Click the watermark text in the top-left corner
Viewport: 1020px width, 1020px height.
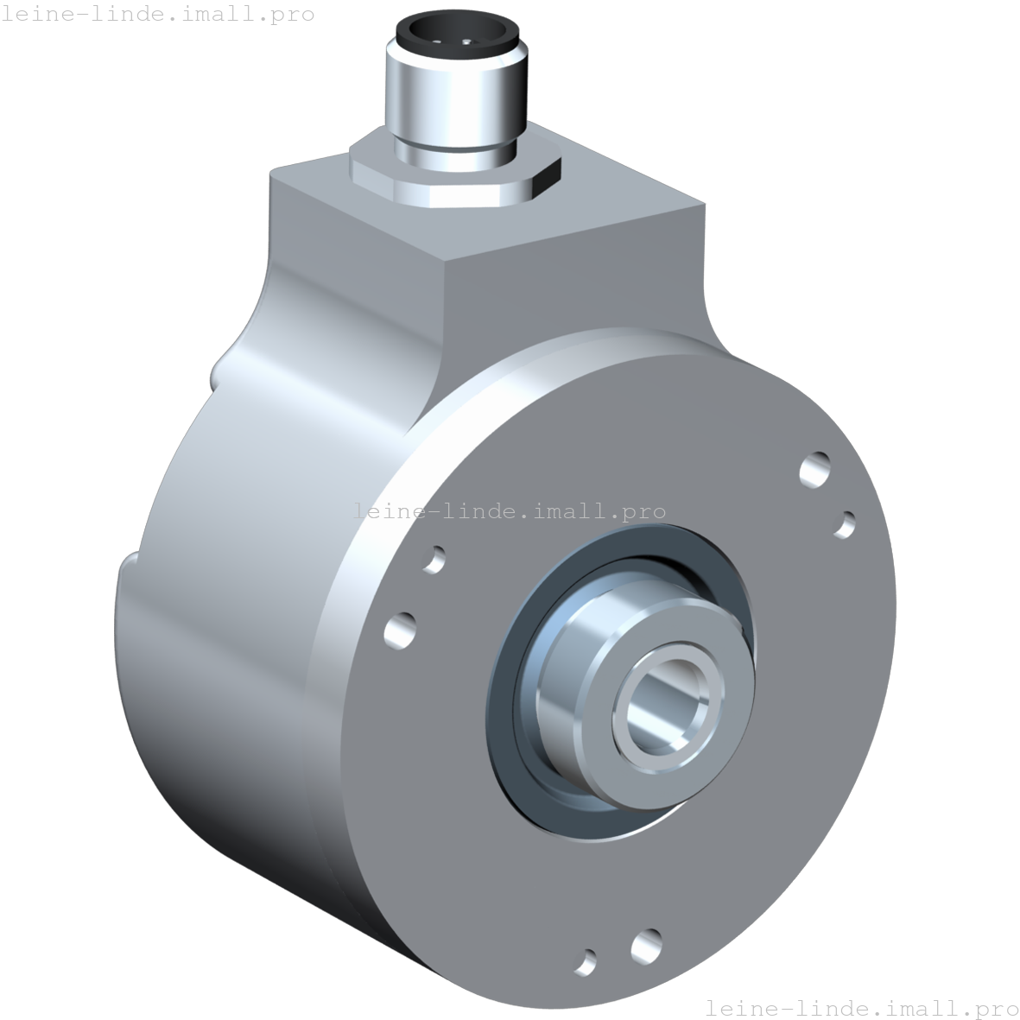[x=157, y=15]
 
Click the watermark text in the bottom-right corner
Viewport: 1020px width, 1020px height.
[x=861, y=1007]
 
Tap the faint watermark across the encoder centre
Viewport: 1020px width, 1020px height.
[x=510, y=511]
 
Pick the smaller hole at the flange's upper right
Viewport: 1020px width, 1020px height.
[x=845, y=523]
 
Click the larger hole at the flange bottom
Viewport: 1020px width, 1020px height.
[x=645, y=945]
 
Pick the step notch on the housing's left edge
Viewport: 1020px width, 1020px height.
[x=128, y=570]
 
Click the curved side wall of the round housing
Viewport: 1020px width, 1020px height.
[x=225, y=691]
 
